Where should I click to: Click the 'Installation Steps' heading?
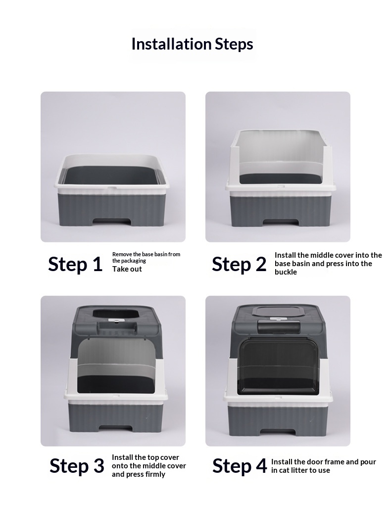coord(193,44)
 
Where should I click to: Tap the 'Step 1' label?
coord(75,264)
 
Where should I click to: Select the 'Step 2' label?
coord(239,264)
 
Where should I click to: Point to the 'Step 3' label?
coord(77,466)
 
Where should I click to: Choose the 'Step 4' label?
coord(240,466)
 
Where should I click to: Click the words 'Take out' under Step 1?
coord(127,269)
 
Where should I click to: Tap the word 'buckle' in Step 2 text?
coord(286,272)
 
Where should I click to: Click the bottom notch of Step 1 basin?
coord(112,223)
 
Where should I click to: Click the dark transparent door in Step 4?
coord(278,367)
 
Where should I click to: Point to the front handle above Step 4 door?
coord(279,328)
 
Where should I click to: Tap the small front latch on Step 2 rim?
coord(281,186)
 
